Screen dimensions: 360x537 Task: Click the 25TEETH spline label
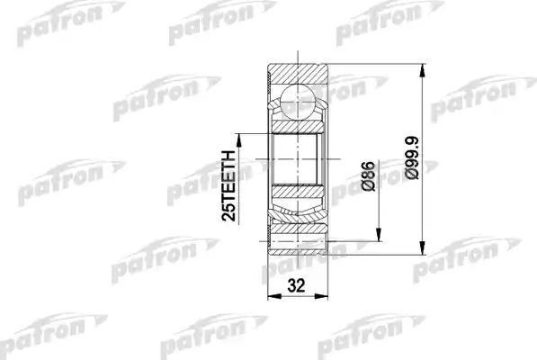tap(229, 185)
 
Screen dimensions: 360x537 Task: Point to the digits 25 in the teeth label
tap(229, 211)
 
